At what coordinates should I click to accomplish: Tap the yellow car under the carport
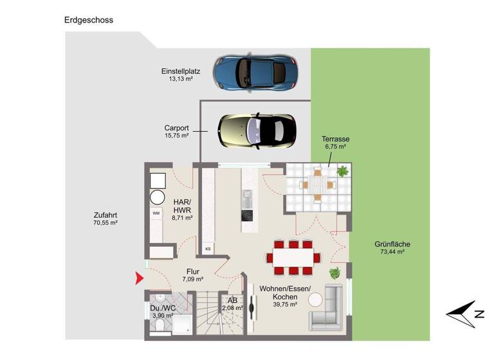(x=257, y=130)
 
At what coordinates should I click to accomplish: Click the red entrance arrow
(x=139, y=278)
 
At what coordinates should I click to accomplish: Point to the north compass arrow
(x=465, y=312)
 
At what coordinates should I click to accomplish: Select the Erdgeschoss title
(x=89, y=20)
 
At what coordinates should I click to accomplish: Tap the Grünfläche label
(x=392, y=244)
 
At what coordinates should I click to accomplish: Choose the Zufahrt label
(x=105, y=215)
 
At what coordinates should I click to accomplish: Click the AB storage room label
(x=232, y=300)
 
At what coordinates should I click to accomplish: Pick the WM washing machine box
(x=156, y=212)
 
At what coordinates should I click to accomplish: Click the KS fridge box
(x=208, y=248)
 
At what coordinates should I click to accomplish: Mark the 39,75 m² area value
(x=284, y=305)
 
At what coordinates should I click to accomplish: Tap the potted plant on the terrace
(x=343, y=172)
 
